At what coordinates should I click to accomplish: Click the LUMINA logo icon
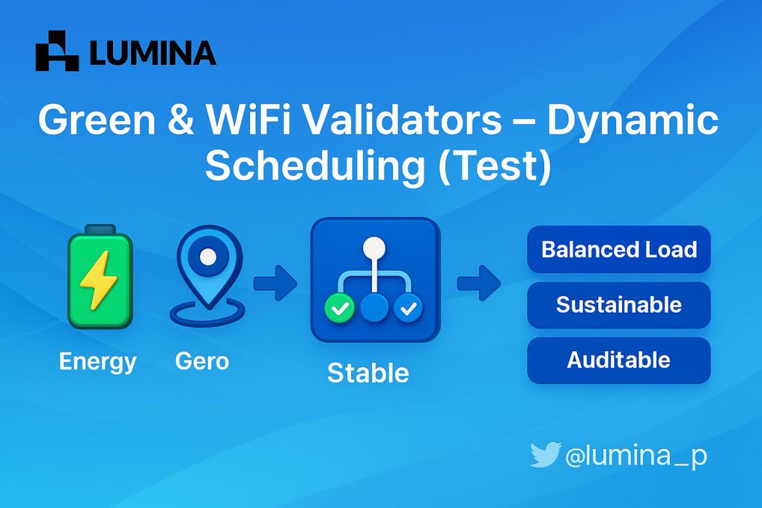[57, 51]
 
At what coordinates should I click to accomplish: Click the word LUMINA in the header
[153, 53]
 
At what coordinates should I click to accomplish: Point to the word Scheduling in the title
[315, 166]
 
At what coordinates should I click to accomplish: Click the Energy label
[98, 362]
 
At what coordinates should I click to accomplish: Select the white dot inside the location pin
[207, 257]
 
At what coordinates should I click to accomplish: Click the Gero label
[202, 362]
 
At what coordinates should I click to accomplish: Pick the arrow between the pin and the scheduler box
[275, 283]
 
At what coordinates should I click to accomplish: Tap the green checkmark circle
[340, 309]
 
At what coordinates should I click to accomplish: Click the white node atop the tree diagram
[375, 246]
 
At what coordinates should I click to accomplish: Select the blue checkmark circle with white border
[408, 309]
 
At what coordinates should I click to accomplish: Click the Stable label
[368, 373]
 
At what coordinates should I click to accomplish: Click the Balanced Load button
[618, 249]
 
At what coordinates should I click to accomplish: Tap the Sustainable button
[618, 305]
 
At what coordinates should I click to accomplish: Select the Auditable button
[618, 360]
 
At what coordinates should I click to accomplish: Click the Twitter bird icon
[545, 455]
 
